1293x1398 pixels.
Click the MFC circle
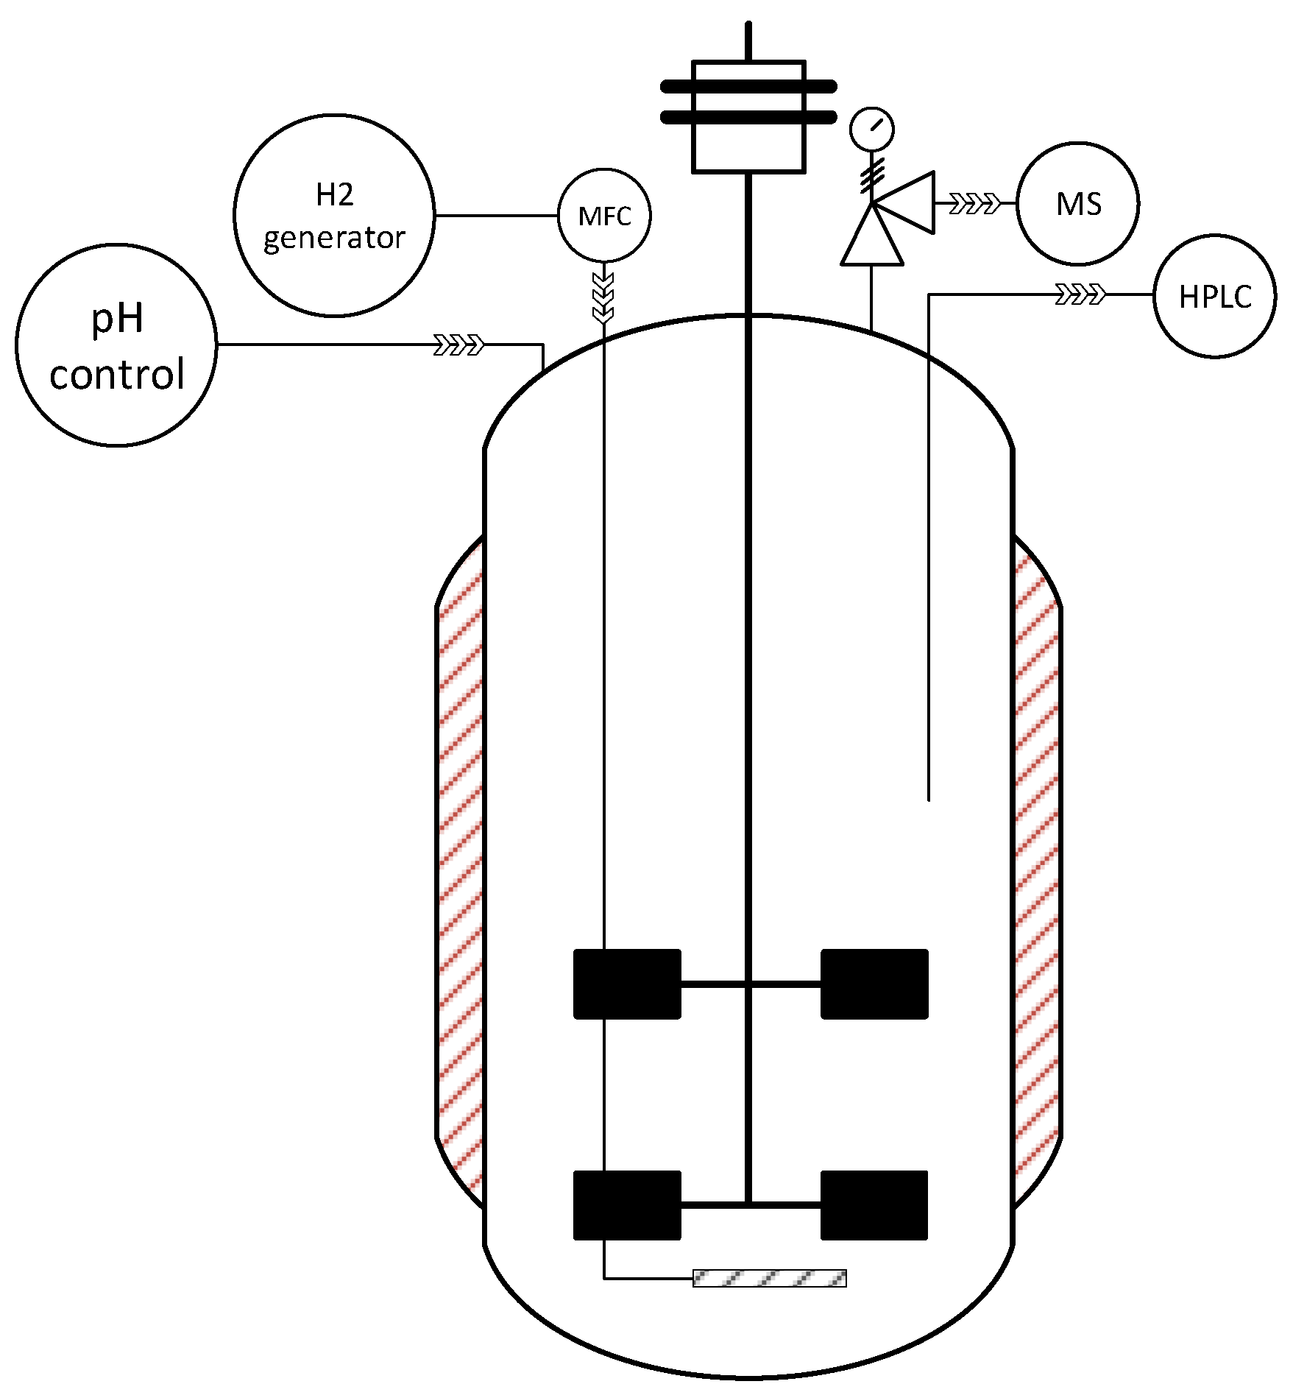[604, 216]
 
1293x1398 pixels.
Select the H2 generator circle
[334, 216]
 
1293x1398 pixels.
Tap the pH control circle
[116, 345]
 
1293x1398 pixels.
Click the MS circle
[1077, 204]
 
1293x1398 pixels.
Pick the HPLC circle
[1214, 296]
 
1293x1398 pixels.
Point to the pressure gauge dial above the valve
[871, 130]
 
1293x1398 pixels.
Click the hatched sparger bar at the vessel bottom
[769, 1278]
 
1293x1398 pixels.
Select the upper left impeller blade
[627, 984]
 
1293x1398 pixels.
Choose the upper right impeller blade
[874, 984]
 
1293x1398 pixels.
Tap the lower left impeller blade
[627, 1205]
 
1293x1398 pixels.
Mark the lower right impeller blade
[874, 1205]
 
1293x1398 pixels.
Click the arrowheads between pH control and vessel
[459, 345]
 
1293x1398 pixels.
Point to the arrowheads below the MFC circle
[603, 298]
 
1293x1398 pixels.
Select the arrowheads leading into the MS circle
[975, 203]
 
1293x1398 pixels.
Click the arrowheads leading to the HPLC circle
[1080, 294]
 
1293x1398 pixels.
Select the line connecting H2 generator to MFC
[496, 216]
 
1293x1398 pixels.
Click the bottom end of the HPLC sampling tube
[929, 798]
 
